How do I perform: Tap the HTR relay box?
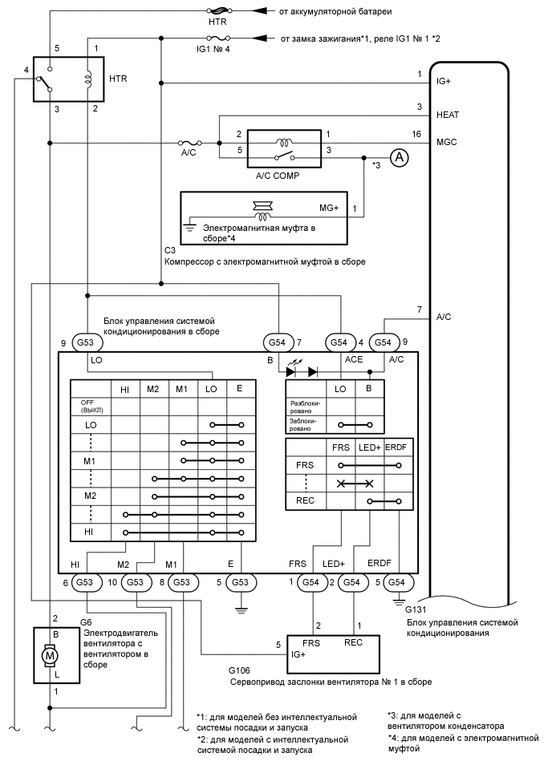point(70,79)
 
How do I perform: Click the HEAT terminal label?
point(448,115)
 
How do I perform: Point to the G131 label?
point(417,609)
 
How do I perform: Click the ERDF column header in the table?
point(397,447)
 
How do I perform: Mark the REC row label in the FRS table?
point(306,501)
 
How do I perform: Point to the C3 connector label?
point(169,250)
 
